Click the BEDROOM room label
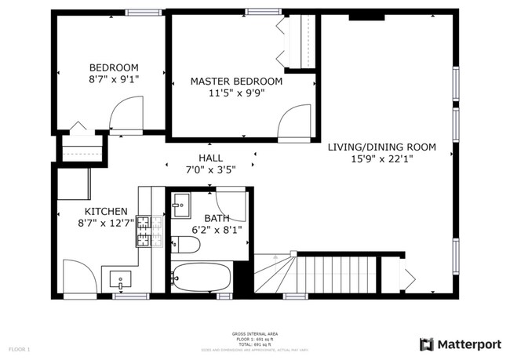[114, 67]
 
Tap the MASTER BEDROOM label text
[236, 81]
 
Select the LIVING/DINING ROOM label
[381, 147]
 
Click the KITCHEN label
[106, 211]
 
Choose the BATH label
[217, 218]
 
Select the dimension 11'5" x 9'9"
[236, 92]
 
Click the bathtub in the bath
[202, 277]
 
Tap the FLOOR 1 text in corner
[19, 348]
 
